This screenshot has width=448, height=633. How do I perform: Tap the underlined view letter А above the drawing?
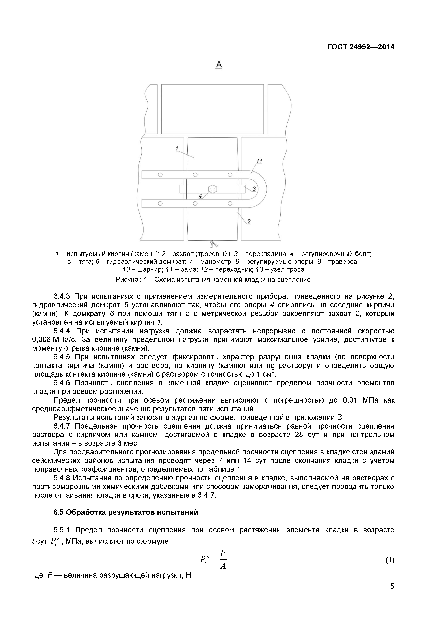[x=219, y=65]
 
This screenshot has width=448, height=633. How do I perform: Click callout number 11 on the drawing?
[x=259, y=161]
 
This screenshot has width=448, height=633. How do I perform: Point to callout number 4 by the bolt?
[x=200, y=196]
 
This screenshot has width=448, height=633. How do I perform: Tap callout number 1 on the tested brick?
[x=177, y=149]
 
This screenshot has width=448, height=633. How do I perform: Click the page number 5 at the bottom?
[x=392, y=594]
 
